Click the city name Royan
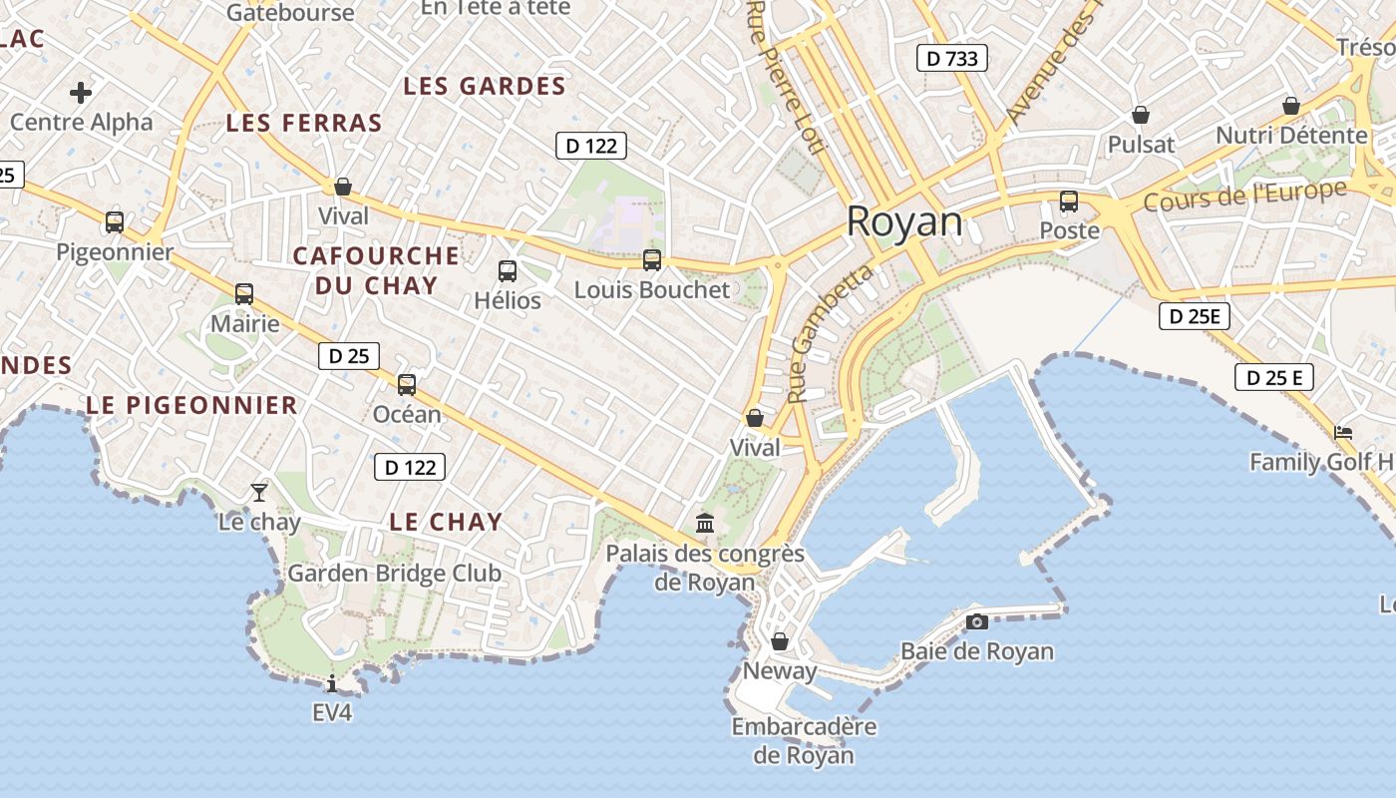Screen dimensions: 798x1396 click(x=904, y=221)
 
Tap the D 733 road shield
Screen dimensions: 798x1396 click(x=951, y=58)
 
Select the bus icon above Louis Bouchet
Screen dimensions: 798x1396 click(x=652, y=260)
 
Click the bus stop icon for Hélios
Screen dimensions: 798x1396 click(x=508, y=270)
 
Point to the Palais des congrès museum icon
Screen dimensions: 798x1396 click(x=705, y=522)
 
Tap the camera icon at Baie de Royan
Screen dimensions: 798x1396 click(x=977, y=621)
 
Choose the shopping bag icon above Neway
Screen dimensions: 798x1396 click(x=780, y=640)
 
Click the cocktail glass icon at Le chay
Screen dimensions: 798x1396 click(x=259, y=492)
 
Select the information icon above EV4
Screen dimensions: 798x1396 click(x=332, y=683)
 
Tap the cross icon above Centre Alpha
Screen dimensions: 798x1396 click(x=81, y=93)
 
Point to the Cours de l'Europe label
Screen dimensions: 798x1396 click(x=1244, y=196)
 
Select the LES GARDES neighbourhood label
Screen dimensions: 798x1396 click(x=485, y=87)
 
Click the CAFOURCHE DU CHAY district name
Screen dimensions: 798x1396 click(x=376, y=270)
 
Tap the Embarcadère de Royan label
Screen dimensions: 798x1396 click(x=804, y=740)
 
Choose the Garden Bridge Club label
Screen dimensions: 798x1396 click(x=394, y=574)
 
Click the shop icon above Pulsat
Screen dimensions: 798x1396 click(x=1141, y=115)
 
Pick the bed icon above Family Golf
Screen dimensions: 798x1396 click(x=1343, y=432)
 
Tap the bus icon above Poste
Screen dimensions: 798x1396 click(x=1069, y=201)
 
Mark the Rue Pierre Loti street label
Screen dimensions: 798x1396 click(x=786, y=78)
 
